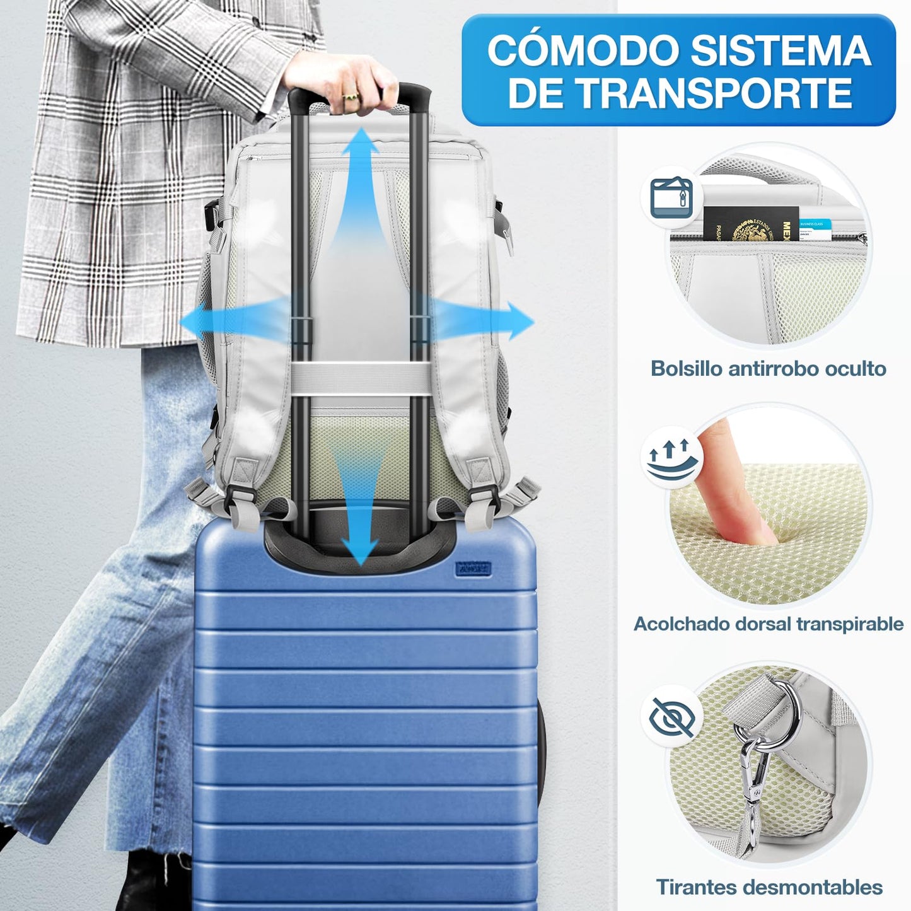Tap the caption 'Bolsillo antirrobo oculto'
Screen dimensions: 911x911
[x=768, y=368]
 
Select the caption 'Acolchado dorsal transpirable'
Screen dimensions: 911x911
[x=768, y=624]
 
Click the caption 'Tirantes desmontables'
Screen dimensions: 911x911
[x=769, y=886]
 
